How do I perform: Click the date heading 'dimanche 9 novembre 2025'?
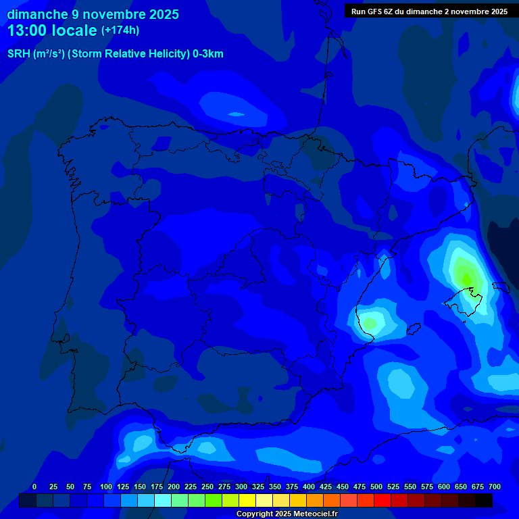(x=93, y=14)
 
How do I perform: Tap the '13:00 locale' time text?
(x=51, y=30)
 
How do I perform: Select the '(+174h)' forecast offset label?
(x=120, y=30)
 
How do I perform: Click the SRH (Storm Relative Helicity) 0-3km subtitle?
(x=115, y=54)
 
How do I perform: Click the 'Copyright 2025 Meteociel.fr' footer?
(x=287, y=514)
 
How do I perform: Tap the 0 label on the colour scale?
(x=34, y=487)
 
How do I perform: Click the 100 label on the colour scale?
(x=105, y=487)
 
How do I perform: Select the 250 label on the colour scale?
(x=207, y=487)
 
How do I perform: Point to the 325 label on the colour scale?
(x=257, y=487)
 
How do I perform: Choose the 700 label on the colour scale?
(x=495, y=487)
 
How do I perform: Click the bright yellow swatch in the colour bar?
(x=247, y=501)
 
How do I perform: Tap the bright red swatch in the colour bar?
(x=382, y=501)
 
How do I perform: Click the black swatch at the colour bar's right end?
(x=484, y=501)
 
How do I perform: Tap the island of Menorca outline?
(x=501, y=287)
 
